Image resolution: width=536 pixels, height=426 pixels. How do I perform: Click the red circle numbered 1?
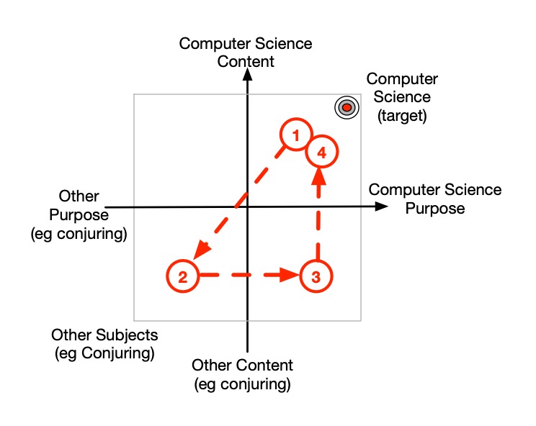pos(295,135)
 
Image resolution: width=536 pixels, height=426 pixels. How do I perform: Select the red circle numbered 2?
pos(183,276)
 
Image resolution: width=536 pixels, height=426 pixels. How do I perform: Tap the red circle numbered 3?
pos(315,276)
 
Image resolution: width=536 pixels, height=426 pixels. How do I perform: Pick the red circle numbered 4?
pos(321,153)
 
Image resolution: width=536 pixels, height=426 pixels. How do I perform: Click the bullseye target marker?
pos(346,107)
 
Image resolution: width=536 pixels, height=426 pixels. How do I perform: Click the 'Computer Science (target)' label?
pos(402,97)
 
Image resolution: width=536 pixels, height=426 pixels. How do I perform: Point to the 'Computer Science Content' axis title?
pos(246,53)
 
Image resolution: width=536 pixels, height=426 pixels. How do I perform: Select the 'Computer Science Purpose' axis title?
pos(434,199)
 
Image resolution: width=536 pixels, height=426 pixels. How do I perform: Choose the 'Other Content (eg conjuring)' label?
pos(243,374)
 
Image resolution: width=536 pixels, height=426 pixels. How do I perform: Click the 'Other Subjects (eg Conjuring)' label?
pos(104,344)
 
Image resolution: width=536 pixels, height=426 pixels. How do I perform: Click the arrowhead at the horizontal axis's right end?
pos(380,207)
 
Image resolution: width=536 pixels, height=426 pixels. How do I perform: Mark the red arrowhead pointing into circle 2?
pos(201,249)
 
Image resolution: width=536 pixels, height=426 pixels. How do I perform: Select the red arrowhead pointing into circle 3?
pos(290,276)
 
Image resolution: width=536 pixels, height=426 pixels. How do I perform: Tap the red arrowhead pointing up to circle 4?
pos(315,180)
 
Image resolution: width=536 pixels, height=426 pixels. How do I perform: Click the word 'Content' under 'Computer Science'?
pos(246,61)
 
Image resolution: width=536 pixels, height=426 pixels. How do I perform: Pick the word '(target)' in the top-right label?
pos(402,115)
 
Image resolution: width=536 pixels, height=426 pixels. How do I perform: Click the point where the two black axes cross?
pos(247,207)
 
